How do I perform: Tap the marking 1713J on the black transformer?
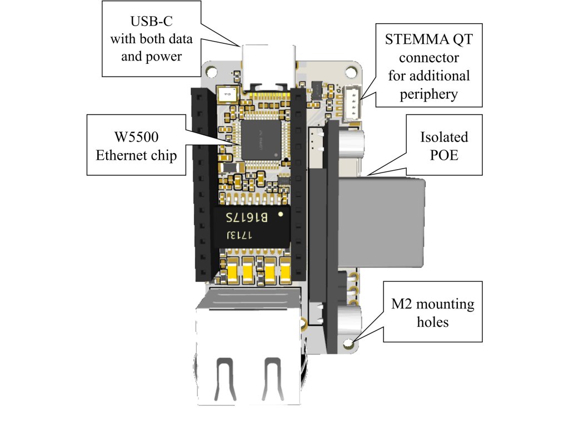pos(239,235)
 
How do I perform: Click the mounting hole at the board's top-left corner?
pos(211,72)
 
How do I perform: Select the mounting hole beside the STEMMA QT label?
pos(351,72)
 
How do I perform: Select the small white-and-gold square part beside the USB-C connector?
pos(227,94)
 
